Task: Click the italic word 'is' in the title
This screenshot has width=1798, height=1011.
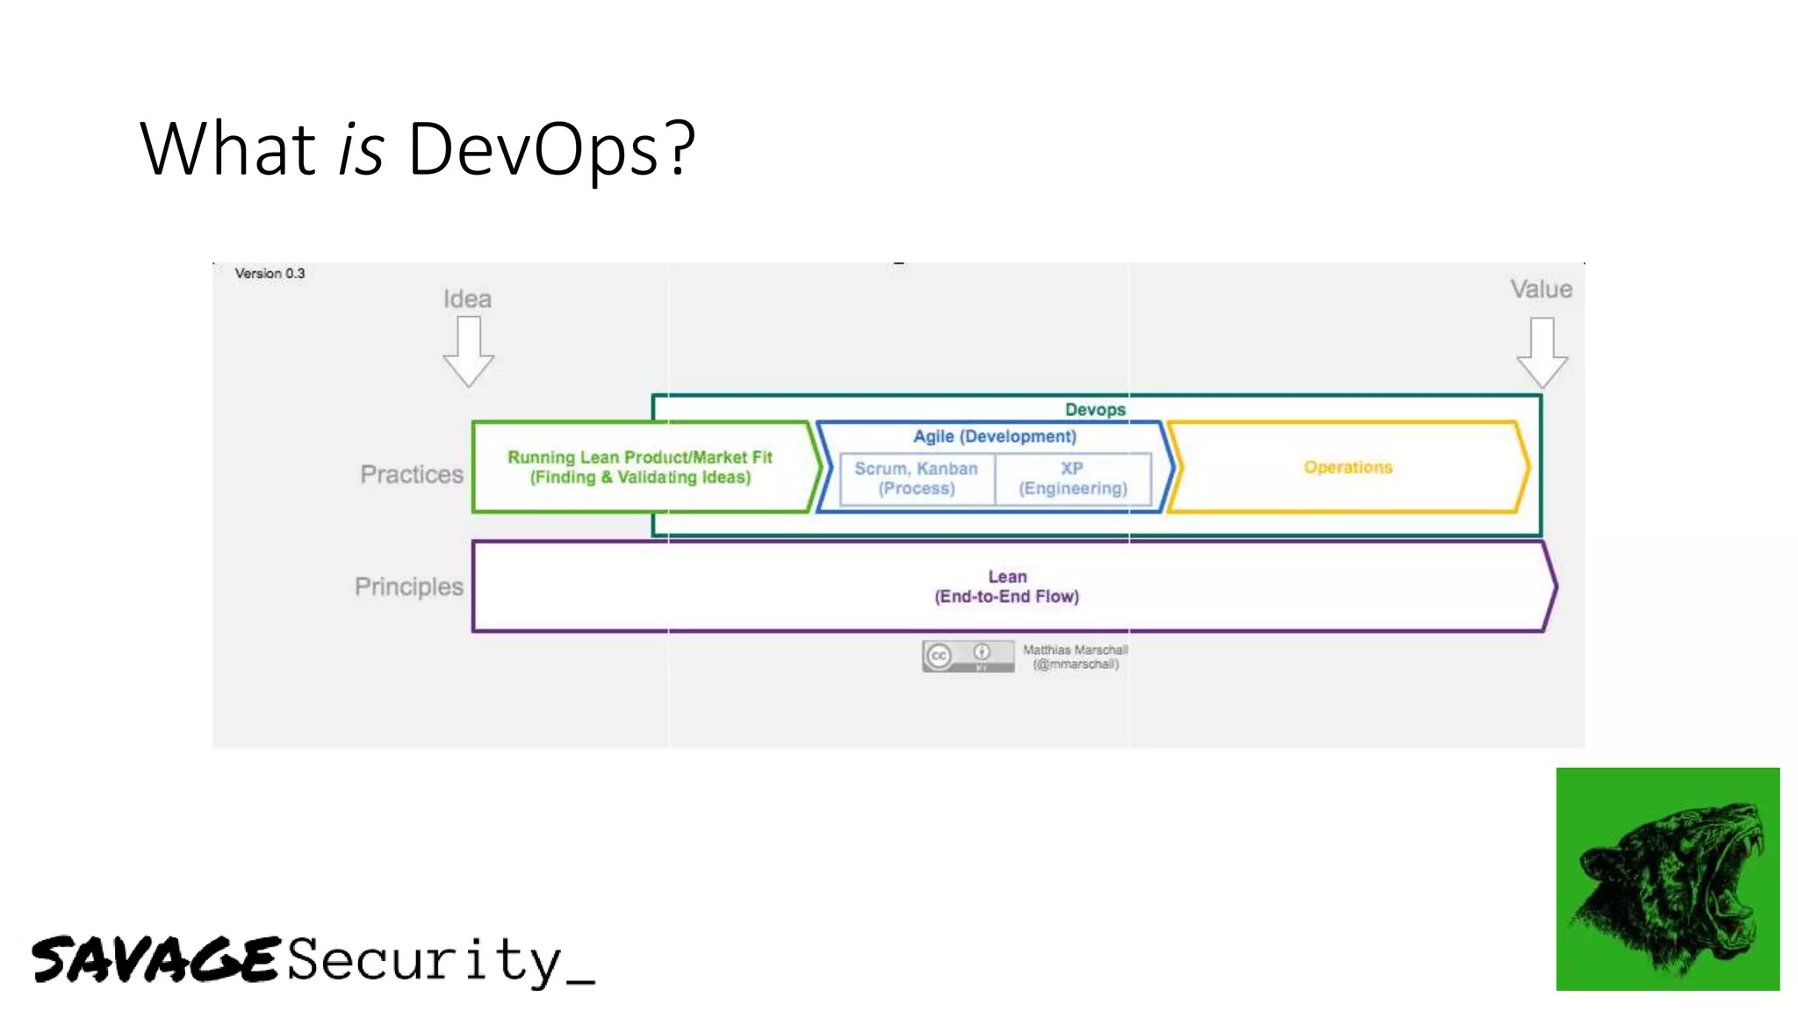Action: pos(361,149)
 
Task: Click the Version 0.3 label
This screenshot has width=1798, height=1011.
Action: pos(270,274)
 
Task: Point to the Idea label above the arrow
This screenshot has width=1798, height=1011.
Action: pos(467,299)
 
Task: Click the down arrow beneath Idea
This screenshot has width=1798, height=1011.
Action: pos(468,351)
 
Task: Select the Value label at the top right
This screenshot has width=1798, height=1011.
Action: pos(1541,290)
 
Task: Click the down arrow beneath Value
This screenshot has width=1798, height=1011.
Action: pos(1542,352)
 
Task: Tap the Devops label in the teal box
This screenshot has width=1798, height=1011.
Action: pos(1095,410)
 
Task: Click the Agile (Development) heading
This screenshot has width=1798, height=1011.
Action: pos(994,437)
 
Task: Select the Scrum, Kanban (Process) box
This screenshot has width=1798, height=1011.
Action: pos(917,479)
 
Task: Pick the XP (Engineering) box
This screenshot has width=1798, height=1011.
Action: pos(1072,479)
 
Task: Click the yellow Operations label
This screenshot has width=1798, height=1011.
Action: pos(1348,468)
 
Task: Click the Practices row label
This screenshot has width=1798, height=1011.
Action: pos(411,475)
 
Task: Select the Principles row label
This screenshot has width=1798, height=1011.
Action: pos(408,587)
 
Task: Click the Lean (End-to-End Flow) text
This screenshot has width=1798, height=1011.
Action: pos(1007,587)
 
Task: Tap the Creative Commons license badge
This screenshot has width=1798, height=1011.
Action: pos(967,656)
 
